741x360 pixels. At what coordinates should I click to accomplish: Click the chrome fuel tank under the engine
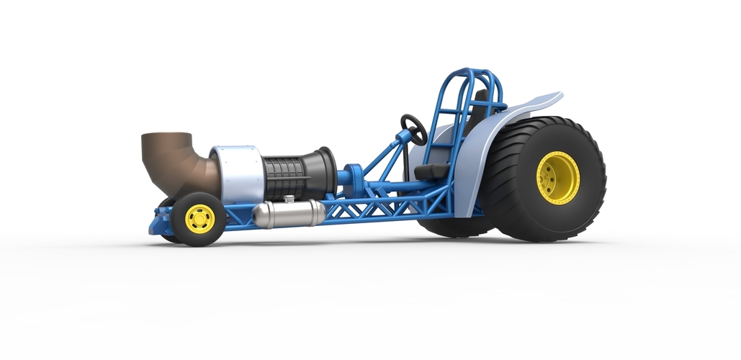pyautogui.click(x=288, y=214)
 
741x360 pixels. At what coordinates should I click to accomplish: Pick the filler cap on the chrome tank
pyautogui.click(x=289, y=199)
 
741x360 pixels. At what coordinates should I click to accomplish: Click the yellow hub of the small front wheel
pyautogui.click(x=199, y=219)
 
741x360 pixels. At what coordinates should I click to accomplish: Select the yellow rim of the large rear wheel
pyautogui.click(x=557, y=177)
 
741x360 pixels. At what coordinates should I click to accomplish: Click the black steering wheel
pyautogui.click(x=414, y=129)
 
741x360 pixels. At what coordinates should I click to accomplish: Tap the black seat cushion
pyautogui.click(x=431, y=171)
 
